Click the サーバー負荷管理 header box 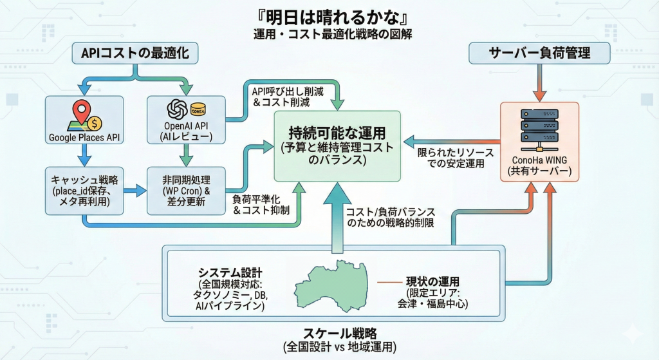click(x=539, y=53)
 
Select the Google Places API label click(x=85, y=137)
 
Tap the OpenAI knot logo click(x=177, y=109)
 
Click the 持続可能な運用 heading click(x=337, y=133)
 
